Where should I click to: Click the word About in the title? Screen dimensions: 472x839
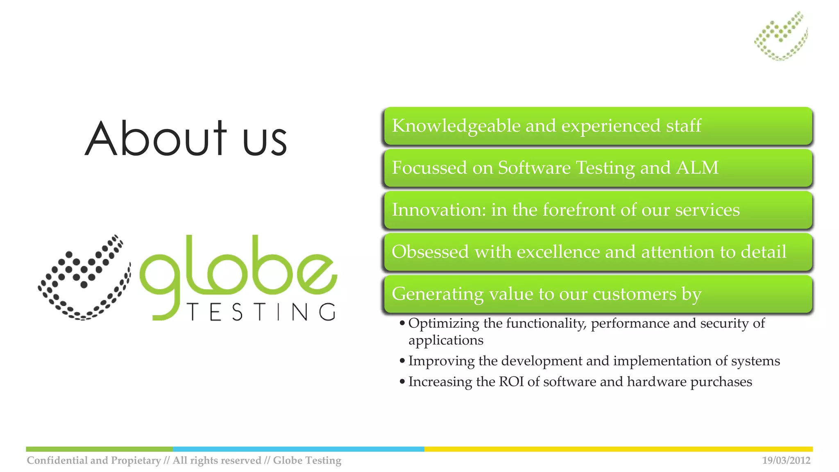tap(156, 138)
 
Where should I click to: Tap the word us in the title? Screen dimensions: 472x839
tap(265, 141)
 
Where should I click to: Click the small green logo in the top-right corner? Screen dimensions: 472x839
tap(781, 36)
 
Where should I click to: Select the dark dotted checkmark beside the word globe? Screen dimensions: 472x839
tap(84, 277)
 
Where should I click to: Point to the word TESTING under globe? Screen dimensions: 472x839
tap(261, 312)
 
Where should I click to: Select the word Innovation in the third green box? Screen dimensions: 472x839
tap(438, 210)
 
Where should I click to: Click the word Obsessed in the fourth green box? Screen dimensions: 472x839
tap(430, 252)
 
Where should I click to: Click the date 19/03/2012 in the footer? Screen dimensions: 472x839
tap(786, 461)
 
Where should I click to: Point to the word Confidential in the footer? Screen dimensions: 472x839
tap(57, 461)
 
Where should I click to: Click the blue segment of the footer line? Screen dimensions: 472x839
tap(298, 449)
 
